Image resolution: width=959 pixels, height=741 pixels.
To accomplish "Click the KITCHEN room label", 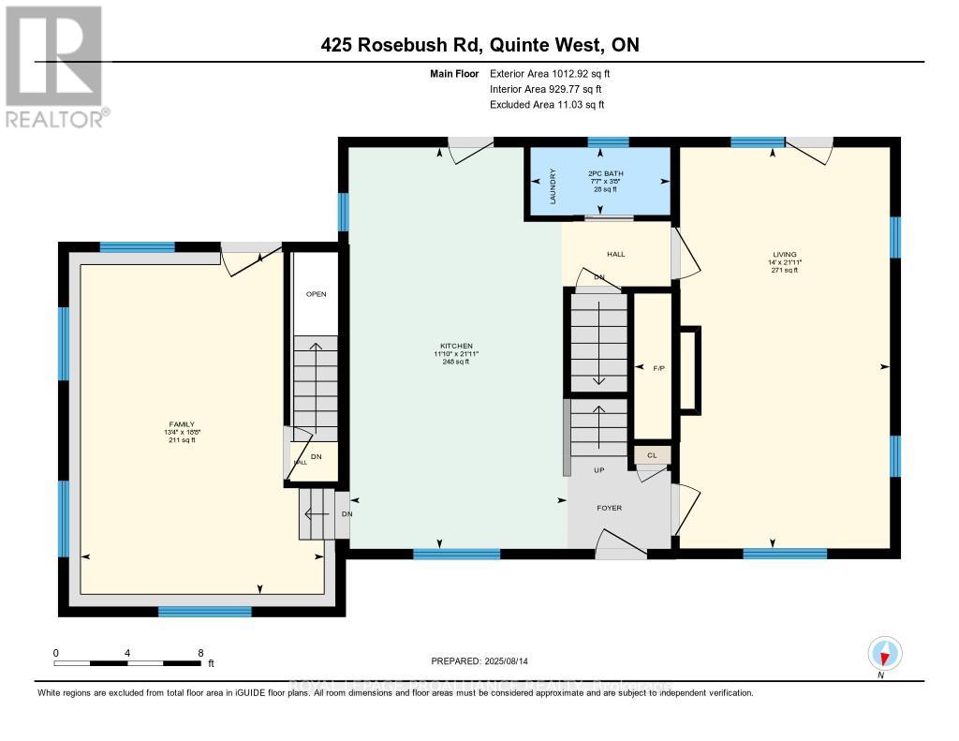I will (x=459, y=346).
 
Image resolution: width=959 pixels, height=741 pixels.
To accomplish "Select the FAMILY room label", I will (x=181, y=424).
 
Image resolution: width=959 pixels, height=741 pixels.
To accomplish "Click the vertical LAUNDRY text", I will (x=553, y=186).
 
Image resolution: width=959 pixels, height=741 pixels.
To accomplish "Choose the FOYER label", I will (x=610, y=508).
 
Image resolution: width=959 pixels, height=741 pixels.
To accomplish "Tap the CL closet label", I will (x=652, y=455).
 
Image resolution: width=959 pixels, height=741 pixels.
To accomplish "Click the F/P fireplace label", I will (x=657, y=367).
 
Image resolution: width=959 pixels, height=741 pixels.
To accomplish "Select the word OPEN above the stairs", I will (x=316, y=293).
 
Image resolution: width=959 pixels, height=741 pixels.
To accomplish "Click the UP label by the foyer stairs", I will (x=598, y=469).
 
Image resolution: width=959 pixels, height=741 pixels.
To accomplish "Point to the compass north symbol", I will (x=884, y=653).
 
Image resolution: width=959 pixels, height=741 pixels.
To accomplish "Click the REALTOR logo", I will (x=55, y=66).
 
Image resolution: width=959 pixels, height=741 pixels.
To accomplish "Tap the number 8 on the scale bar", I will (x=200, y=652).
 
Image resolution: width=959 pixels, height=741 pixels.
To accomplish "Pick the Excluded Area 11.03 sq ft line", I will (x=547, y=105).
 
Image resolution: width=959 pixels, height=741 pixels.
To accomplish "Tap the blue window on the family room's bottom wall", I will (x=204, y=612).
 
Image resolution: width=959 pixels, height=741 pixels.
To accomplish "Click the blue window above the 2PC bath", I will (x=608, y=142).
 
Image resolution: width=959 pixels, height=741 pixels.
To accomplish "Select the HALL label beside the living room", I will (x=615, y=254).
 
